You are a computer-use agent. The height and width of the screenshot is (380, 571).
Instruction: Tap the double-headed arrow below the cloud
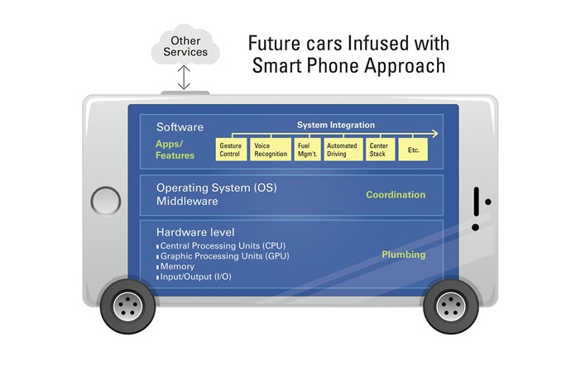coord(185,78)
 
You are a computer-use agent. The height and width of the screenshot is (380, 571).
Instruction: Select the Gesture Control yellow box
coord(230,150)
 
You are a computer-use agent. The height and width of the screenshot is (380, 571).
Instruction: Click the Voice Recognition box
coord(271,150)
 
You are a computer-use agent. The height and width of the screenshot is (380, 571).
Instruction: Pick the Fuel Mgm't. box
coord(308,150)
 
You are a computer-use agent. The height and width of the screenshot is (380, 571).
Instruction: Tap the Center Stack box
coord(378,150)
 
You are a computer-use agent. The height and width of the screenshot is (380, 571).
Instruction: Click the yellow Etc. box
coord(413,150)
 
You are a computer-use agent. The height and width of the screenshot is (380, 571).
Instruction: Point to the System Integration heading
coord(330,125)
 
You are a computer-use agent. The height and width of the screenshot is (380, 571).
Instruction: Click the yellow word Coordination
coord(396,195)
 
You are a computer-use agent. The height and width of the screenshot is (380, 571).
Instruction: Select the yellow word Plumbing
coord(403,254)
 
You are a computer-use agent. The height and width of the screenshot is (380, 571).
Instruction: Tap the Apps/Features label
coord(175,149)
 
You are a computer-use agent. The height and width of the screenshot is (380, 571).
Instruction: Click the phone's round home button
coord(106,200)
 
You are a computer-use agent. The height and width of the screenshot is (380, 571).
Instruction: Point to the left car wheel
coord(127,306)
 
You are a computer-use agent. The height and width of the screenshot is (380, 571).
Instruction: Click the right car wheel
coord(451,306)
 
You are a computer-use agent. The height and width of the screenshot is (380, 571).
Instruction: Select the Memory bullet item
coord(177,266)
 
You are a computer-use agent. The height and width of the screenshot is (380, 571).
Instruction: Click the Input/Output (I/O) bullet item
coord(195,277)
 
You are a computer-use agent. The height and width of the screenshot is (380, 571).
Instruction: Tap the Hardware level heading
coord(195,232)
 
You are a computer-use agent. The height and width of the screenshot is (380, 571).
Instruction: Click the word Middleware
coord(188,201)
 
